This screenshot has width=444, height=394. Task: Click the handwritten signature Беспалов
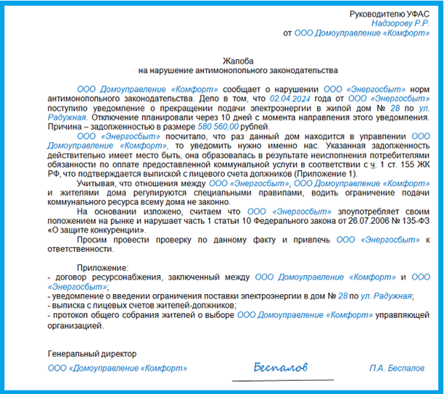click(281, 365)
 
